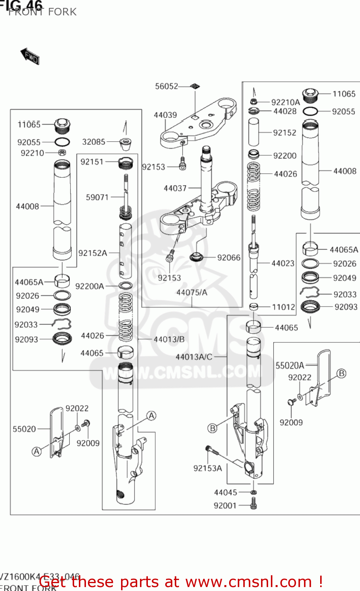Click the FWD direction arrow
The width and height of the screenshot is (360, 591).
(x=30, y=56)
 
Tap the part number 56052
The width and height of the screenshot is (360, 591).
(x=166, y=86)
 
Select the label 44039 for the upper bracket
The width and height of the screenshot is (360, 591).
(x=165, y=115)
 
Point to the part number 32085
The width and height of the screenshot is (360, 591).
(x=93, y=142)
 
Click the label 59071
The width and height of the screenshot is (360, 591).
(x=97, y=197)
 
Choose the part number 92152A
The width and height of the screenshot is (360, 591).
(x=93, y=253)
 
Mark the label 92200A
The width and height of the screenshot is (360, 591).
(x=90, y=286)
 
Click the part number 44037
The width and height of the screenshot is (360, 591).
(x=175, y=188)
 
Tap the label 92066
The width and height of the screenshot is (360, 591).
(x=229, y=258)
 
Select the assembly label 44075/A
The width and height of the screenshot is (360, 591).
(x=192, y=292)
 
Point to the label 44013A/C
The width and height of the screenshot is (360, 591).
(x=194, y=357)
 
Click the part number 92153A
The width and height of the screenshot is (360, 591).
(x=207, y=468)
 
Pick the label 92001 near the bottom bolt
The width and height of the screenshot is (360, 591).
(x=225, y=506)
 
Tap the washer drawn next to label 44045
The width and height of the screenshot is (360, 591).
(x=254, y=492)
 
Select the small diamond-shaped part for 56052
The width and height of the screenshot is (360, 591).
(x=195, y=86)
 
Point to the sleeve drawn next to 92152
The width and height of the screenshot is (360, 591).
(x=254, y=132)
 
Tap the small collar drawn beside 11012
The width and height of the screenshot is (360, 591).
(x=254, y=307)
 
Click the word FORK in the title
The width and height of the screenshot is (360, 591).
(x=62, y=12)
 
